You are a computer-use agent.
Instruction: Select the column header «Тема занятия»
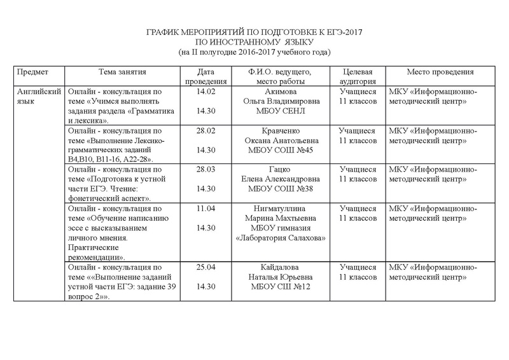click(x=123, y=72)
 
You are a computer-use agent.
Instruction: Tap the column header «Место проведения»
click(x=440, y=72)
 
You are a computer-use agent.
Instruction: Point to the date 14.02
click(x=209, y=91)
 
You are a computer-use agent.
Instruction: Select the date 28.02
click(x=209, y=130)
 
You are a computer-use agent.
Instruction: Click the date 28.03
click(x=209, y=170)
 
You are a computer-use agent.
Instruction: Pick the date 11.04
click(x=209, y=209)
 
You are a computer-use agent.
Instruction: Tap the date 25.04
click(x=209, y=267)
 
